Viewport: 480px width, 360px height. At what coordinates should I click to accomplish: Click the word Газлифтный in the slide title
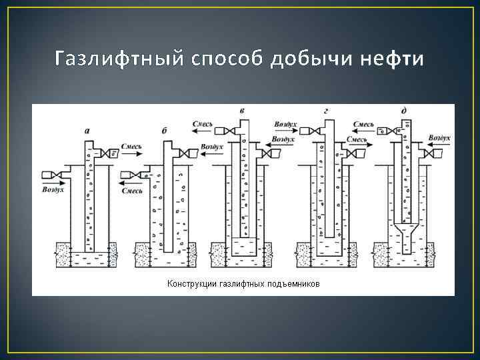pos(113,59)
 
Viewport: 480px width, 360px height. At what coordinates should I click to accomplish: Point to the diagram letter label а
pos(87,131)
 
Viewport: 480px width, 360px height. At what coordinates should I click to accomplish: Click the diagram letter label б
pos(164,131)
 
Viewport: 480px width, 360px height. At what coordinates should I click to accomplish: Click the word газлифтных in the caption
pos(242,284)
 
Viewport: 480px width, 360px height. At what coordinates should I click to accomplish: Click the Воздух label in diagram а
pos(53,190)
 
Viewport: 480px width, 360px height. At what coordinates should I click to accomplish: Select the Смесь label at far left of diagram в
pos(202,124)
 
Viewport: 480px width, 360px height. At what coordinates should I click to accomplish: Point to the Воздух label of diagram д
pos(439,138)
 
